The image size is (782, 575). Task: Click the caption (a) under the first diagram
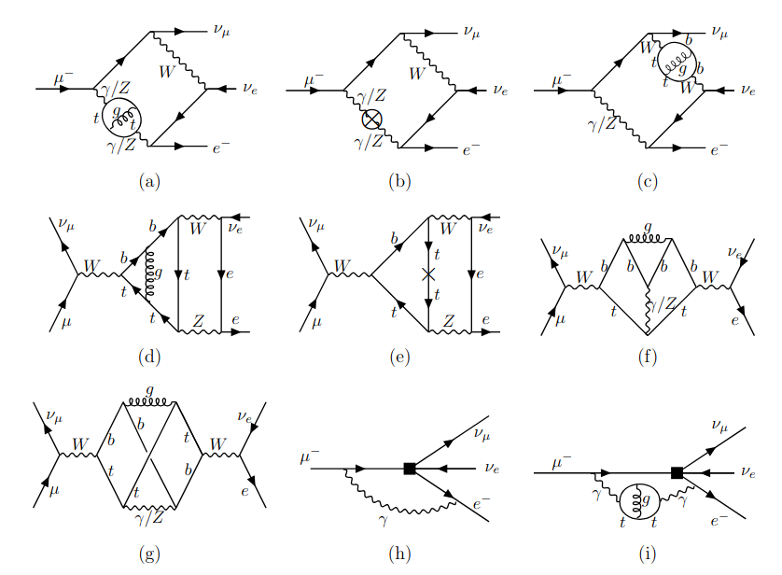coord(147,182)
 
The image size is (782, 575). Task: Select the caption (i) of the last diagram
coord(649,554)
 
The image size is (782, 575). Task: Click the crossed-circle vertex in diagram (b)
coord(370,119)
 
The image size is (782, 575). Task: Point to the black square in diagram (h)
coord(408,468)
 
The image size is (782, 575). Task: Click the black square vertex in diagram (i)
coord(676,473)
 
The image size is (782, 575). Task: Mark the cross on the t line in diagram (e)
coord(428,274)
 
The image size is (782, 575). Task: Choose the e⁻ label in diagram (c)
coord(719,147)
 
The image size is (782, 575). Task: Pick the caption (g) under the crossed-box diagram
coord(147,554)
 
